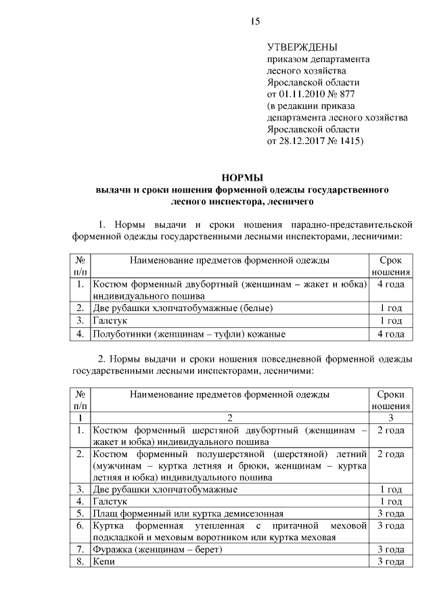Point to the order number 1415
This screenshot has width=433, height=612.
(x=346, y=141)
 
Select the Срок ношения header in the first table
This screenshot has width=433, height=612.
(x=390, y=265)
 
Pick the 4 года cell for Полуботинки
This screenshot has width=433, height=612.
(x=390, y=333)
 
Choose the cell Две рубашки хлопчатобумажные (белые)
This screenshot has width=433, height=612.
(x=183, y=308)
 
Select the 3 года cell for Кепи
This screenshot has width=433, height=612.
(x=390, y=562)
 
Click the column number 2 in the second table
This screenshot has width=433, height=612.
(x=230, y=418)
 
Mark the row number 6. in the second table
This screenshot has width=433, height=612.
(x=80, y=525)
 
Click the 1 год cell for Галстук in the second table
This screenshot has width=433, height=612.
(x=390, y=501)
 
